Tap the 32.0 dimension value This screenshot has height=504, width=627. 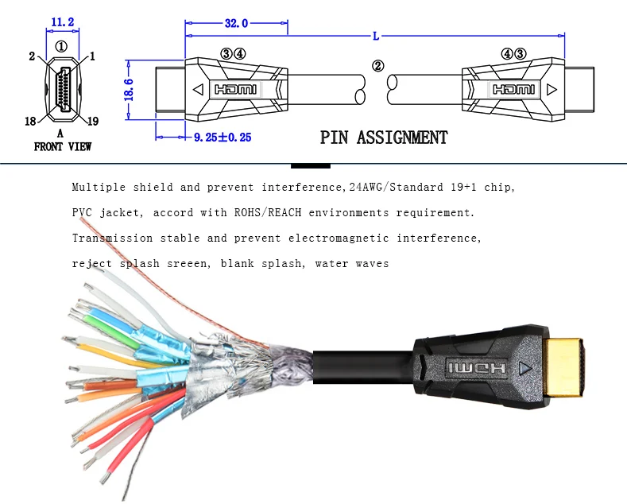pyautogui.click(x=236, y=24)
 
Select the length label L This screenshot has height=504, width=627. pyautogui.click(x=376, y=35)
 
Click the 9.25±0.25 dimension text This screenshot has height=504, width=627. pyautogui.click(x=223, y=137)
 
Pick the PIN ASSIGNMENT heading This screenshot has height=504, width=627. pyautogui.click(x=384, y=138)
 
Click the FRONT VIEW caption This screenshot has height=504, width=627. pyautogui.click(x=63, y=146)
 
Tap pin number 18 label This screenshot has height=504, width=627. pyautogui.click(x=30, y=121)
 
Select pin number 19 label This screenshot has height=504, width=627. pyautogui.click(x=92, y=121)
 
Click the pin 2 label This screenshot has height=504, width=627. pyautogui.click(x=32, y=56)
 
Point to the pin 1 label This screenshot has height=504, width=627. pyautogui.click(x=92, y=56)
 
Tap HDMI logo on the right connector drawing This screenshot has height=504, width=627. pyautogui.click(x=513, y=90)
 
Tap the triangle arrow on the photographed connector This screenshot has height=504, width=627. pyautogui.click(x=524, y=368)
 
